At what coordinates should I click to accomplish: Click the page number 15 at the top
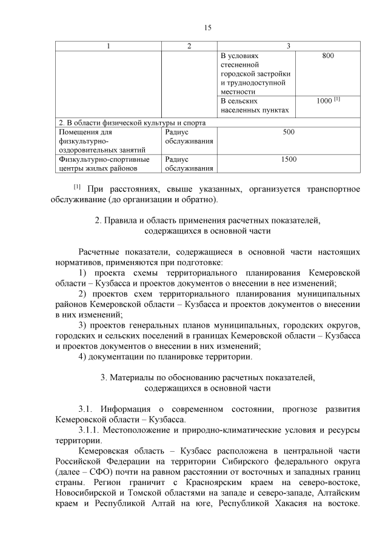click(x=207, y=28)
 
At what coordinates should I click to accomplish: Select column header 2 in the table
click(x=189, y=47)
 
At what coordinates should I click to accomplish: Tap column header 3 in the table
click(x=288, y=47)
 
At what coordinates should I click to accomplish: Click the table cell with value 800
click(x=327, y=56)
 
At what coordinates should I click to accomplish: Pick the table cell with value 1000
click(x=327, y=101)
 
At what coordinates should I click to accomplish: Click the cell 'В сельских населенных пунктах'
click(x=254, y=105)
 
